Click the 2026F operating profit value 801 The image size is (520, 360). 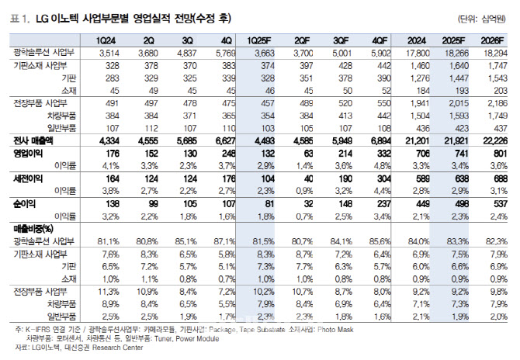tap(497, 154)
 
